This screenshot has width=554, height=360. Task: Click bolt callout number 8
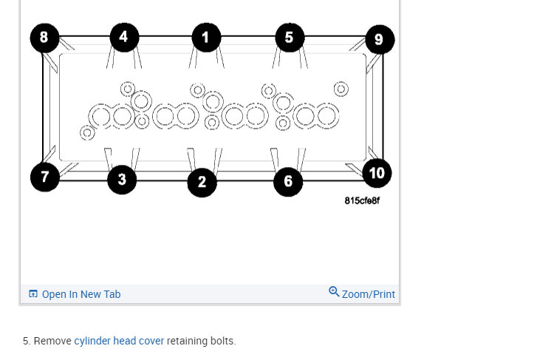point(44,38)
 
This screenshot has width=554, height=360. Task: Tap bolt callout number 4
point(124,37)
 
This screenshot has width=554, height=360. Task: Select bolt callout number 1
point(206,37)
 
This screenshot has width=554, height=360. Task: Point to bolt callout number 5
point(290,38)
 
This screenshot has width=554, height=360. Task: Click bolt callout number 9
point(379,39)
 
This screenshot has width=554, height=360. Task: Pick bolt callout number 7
point(45,177)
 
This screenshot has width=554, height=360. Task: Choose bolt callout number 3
point(122,180)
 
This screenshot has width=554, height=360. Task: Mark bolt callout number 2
point(202,183)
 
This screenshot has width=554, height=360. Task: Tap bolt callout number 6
point(288,182)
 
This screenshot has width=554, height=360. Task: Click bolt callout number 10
point(377,174)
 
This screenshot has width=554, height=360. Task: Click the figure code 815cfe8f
point(362,201)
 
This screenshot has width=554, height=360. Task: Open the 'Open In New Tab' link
point(81,294)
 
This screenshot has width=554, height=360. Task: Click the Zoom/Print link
point(368,294)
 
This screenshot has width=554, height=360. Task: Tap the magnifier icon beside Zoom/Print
point(334,292)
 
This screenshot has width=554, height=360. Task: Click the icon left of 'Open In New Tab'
point(33,293)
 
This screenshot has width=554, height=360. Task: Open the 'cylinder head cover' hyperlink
point(119,341)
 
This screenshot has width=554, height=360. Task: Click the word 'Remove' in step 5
point(52,341)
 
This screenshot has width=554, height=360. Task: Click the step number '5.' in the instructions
point(27,341)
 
